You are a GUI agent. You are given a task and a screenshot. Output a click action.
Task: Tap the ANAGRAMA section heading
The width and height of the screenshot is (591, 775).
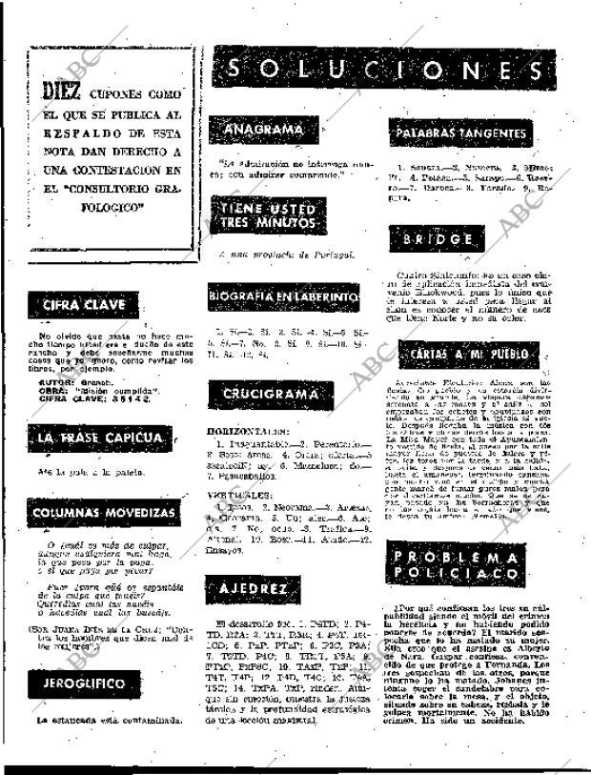point(256,131)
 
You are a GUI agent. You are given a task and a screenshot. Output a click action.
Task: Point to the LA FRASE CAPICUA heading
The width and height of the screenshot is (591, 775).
point(101,438)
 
